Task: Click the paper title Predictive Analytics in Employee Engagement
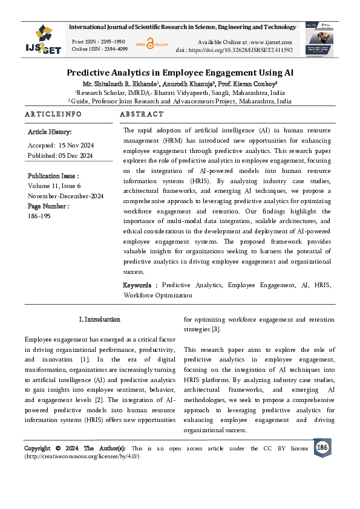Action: coord(180,71)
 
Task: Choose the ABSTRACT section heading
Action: coord(142,114)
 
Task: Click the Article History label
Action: coord(50,131)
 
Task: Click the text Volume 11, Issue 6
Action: coord(54,187)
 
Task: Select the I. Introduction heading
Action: coord(100,319)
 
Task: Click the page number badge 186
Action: coord(322,447)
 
